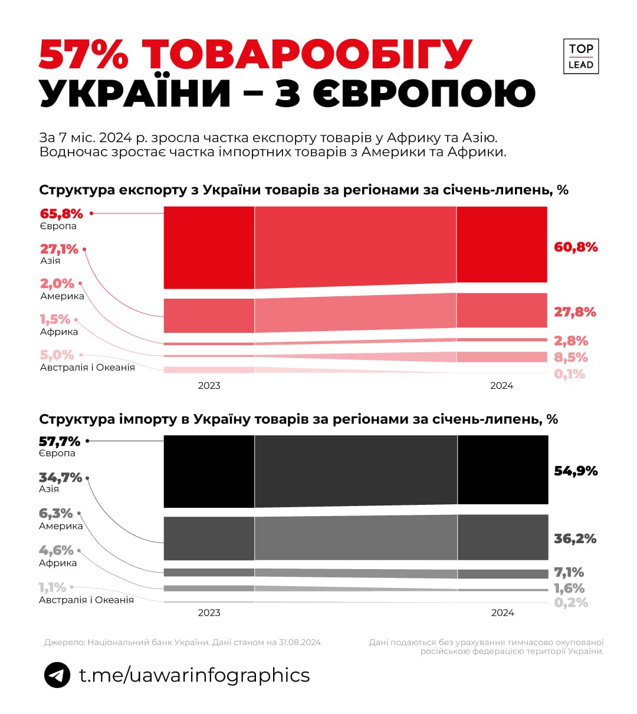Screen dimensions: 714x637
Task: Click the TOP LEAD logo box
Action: pos(580,57)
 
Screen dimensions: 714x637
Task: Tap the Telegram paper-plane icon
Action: pos(57,675)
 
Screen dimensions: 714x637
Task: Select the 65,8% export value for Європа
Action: pos(61,214)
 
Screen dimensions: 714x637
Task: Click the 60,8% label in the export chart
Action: pos(575,247)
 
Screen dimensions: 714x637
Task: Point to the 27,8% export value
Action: pos(574,312)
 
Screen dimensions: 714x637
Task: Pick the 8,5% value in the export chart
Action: pos(570,358)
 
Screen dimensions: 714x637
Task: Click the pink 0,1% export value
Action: pos(569,374)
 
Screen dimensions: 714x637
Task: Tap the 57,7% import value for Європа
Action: pos(60,441)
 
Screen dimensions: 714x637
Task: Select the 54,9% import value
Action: pos(576,471)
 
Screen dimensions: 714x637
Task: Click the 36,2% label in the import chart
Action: pos(575,538)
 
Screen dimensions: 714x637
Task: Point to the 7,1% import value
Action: pos(569,572)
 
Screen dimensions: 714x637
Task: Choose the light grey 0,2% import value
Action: pos(571,602)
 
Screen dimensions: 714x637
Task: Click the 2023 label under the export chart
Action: pos(209,385)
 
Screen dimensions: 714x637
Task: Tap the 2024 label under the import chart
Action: pos(503,613)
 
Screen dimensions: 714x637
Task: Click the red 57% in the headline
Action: pos(84,55)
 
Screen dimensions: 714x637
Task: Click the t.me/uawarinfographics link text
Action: pos(195,675)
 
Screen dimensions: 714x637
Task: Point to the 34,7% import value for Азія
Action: pos(60,478)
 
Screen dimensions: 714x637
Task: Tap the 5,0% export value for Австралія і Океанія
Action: pos(57,355)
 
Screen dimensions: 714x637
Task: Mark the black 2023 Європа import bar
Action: pos(209,471)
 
